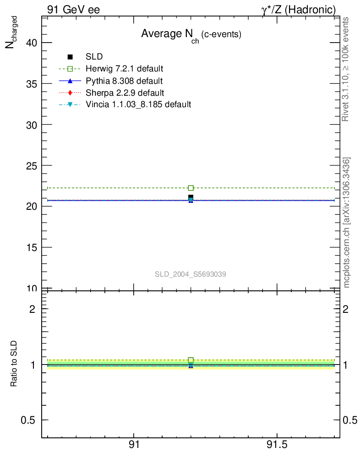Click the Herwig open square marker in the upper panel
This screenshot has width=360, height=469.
(191, 188)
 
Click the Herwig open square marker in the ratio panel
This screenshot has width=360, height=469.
(191, 360)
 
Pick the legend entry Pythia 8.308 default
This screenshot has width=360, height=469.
(124, 81)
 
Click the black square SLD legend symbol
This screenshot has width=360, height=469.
(70, 57)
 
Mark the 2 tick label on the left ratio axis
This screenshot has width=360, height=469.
(33, 309)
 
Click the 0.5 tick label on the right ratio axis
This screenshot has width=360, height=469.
(352, 420)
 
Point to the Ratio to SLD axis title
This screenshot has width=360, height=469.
(14, 364)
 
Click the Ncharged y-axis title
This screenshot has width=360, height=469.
(11, 31)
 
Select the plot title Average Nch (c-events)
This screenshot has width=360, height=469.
(191, 34)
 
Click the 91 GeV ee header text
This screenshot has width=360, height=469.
(73, 9)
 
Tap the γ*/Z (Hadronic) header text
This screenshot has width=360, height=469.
(298, 9)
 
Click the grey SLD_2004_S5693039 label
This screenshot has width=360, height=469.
(191, 274)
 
